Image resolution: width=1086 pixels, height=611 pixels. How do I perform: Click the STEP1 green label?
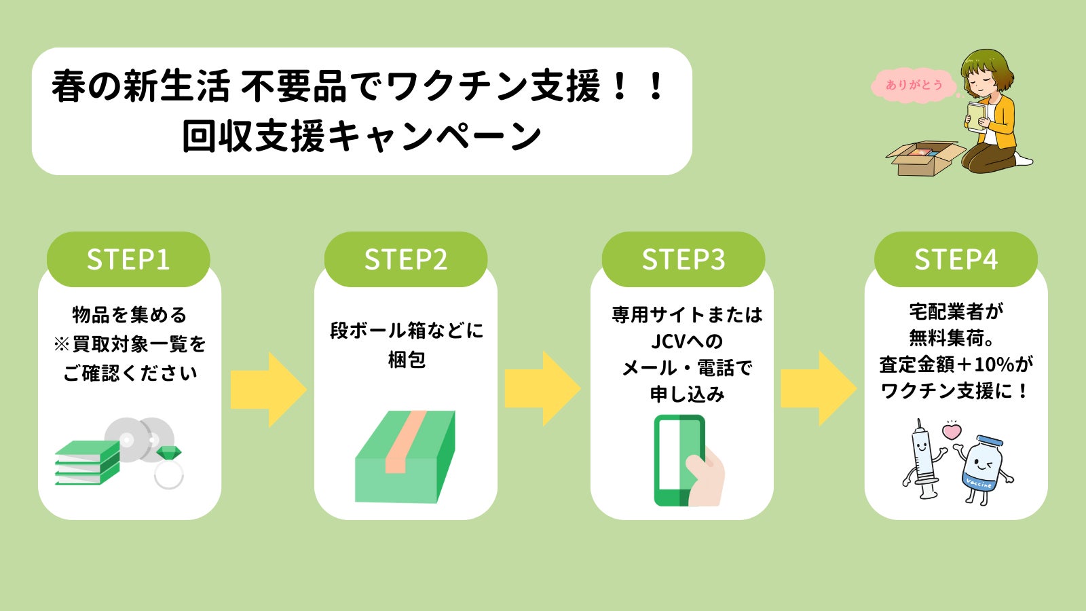tap(128, 259)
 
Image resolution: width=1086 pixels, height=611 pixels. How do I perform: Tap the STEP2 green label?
tap(406, 259)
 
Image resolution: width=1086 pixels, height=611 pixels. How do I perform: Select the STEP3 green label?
tap(684, 259)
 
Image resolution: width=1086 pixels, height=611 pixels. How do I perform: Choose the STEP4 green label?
tap(956, 259)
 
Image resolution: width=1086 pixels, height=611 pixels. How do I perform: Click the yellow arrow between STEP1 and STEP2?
tap(269, 390)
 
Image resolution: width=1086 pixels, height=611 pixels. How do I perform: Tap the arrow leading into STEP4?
tap(819, 390)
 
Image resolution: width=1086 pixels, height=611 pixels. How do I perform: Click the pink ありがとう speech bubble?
tap(914, 85)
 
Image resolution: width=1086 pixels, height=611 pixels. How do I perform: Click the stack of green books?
tap(87, 463)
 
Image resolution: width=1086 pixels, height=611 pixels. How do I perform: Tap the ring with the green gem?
tap(169, 468)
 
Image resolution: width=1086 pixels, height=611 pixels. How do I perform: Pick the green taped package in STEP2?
tap(405, 456)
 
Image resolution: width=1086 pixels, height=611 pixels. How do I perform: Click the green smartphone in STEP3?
tap(679, 460)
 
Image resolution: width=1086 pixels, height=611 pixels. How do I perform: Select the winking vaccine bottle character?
tap(981, 468)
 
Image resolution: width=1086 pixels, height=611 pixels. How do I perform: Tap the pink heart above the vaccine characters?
tap(952, 430)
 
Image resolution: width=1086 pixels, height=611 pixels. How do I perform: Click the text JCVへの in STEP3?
tap(687, 341)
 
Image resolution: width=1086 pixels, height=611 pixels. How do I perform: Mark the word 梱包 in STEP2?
tap(406, 359)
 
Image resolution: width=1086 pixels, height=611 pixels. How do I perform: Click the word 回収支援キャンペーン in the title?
tap(361, 136)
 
